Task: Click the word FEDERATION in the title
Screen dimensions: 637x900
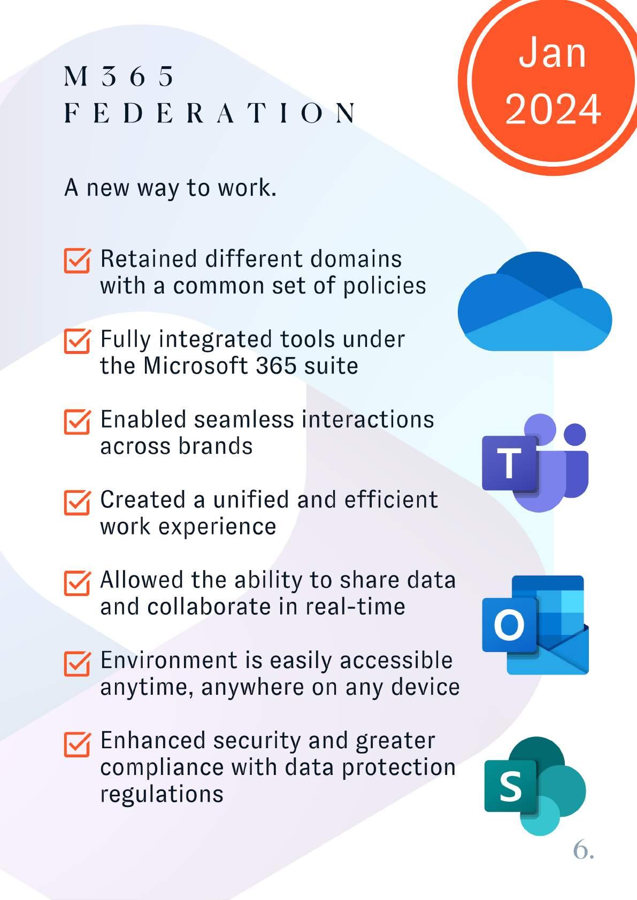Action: (x=210, y=113)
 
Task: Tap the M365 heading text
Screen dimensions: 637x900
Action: (x=119, y=76)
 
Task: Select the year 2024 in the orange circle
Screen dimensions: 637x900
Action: (x=552, y=109)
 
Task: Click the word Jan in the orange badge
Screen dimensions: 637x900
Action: (x=552, y=53)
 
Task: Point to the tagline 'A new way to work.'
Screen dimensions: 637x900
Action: (x=170, y=188)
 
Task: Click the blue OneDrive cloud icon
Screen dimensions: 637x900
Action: (x=535, y=303)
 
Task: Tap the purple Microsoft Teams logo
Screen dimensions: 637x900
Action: (x=535, y=463)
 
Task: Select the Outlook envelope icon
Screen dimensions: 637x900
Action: (x=535, y=625)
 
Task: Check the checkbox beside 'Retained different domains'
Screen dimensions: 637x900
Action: (x=76, y=260)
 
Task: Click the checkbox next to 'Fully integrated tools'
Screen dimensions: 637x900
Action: (x=76, y=340)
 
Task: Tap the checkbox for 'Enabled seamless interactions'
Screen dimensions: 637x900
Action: (x=76, y=421)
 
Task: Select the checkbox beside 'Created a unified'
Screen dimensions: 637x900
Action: (x=76, y=501)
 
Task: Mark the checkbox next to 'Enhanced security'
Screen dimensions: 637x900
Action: (x=76, y=743)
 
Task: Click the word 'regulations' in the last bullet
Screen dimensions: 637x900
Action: (x=162, y=794)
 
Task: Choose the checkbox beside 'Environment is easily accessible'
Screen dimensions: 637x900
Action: (x=76, y=663)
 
